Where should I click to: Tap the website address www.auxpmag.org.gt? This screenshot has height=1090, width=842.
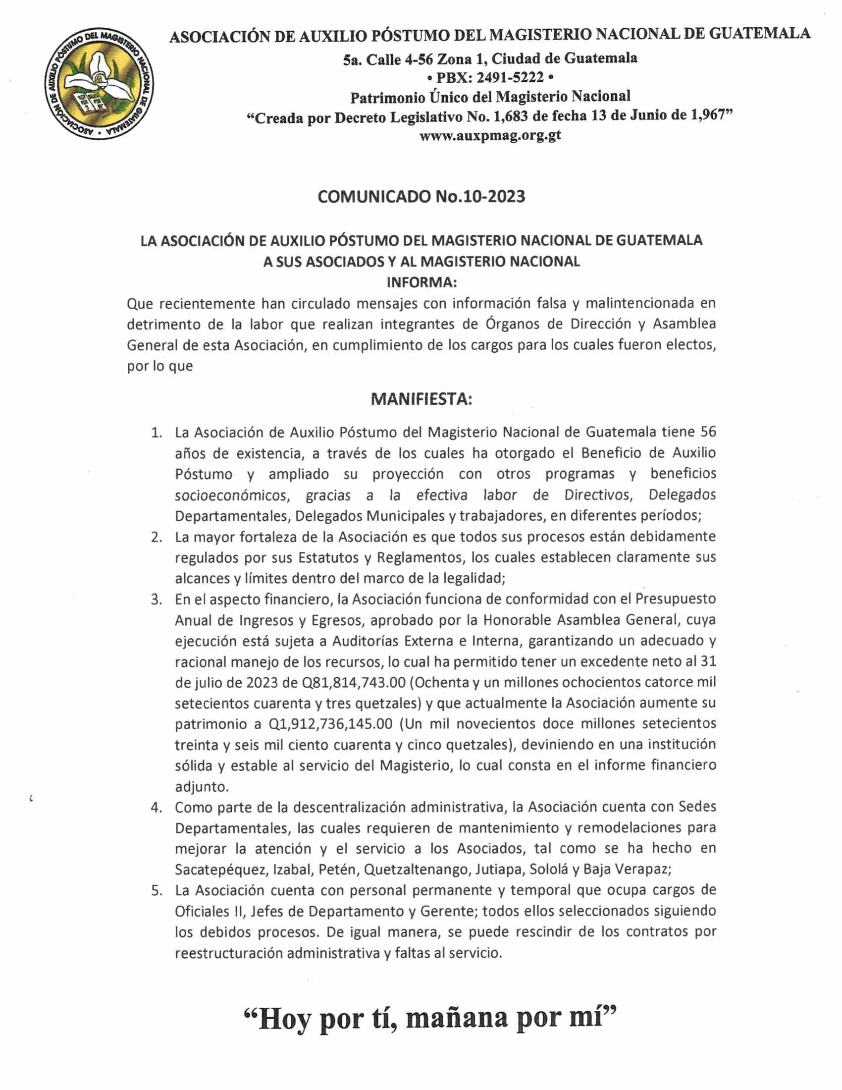[x=490, y=135]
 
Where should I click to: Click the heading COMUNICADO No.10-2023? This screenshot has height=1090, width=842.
[x=421, y=197]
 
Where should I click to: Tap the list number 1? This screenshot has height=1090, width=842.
[x=157, y=432]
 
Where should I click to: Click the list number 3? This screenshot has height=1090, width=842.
[x=157, y=599]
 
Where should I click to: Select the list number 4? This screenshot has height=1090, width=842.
[x=157, y=807]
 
